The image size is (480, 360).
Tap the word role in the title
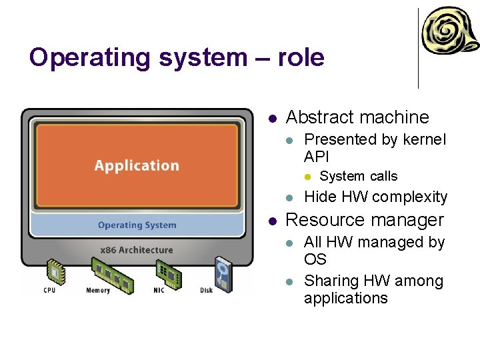(299, 58)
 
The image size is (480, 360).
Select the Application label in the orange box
(137, 165)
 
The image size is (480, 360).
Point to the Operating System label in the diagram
(137, 225)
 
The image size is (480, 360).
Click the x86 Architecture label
(136, 250)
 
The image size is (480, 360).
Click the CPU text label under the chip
(50, 290)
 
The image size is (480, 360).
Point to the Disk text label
(207, 290)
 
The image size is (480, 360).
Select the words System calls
(359, 177)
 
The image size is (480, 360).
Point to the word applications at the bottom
(345, 298)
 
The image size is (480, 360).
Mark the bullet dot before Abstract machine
(272, 119)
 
